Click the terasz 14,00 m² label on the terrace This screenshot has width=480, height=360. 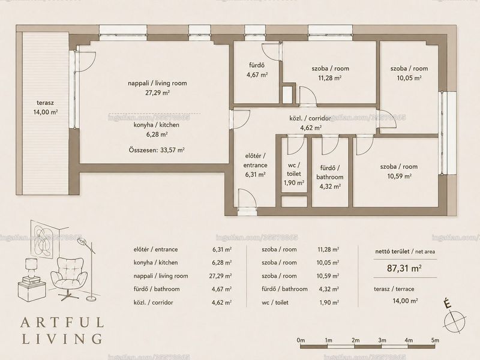pos(46,107)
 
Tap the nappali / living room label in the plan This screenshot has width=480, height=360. pos(157,83)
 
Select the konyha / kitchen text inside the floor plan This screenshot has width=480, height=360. pos(157,125)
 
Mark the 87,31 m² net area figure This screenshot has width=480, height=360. pos(404,268)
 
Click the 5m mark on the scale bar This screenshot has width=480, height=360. pos(434,340)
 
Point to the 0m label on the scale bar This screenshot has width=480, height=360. pos(301,340)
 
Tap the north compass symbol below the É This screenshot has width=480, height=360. pos(455,322)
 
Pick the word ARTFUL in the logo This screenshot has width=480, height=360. pos(62,323)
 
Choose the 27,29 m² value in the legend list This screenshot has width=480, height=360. pos(220,276)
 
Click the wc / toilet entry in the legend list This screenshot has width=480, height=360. pos(275,302)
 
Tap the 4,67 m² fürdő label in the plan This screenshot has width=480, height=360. pos(257,74)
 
